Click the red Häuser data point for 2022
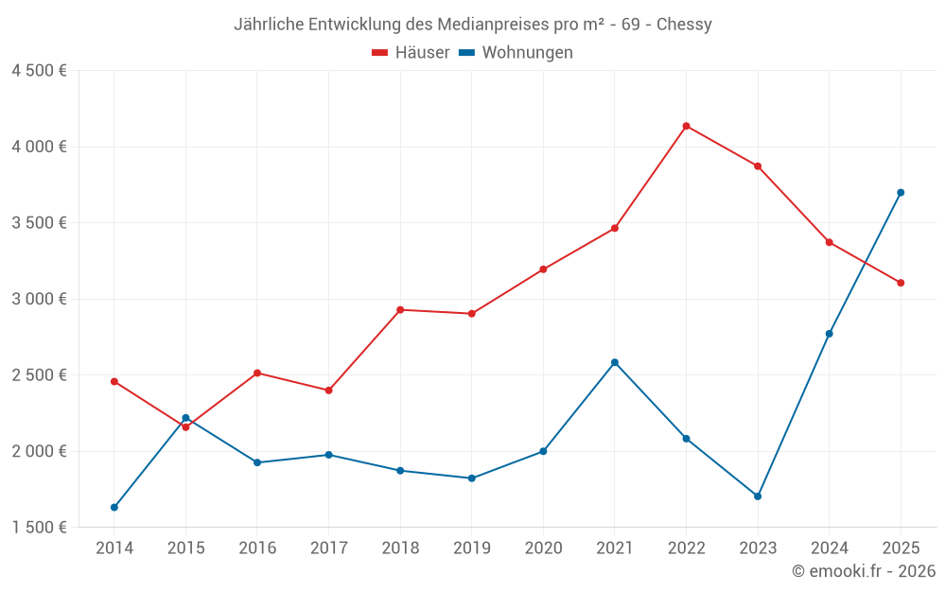686,126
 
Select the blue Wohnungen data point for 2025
901,193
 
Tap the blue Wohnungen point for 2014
114,508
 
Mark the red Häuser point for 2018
400,310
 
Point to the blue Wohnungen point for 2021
615,362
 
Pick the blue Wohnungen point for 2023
758,496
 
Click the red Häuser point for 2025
901,283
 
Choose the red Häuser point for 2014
114,382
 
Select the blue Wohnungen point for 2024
830,334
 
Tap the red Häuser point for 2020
543,269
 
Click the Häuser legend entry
411,53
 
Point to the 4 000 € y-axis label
39,147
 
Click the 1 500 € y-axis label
39,528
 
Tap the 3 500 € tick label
39,223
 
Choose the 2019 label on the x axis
472,548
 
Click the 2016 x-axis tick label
257,548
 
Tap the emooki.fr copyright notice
864,571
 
